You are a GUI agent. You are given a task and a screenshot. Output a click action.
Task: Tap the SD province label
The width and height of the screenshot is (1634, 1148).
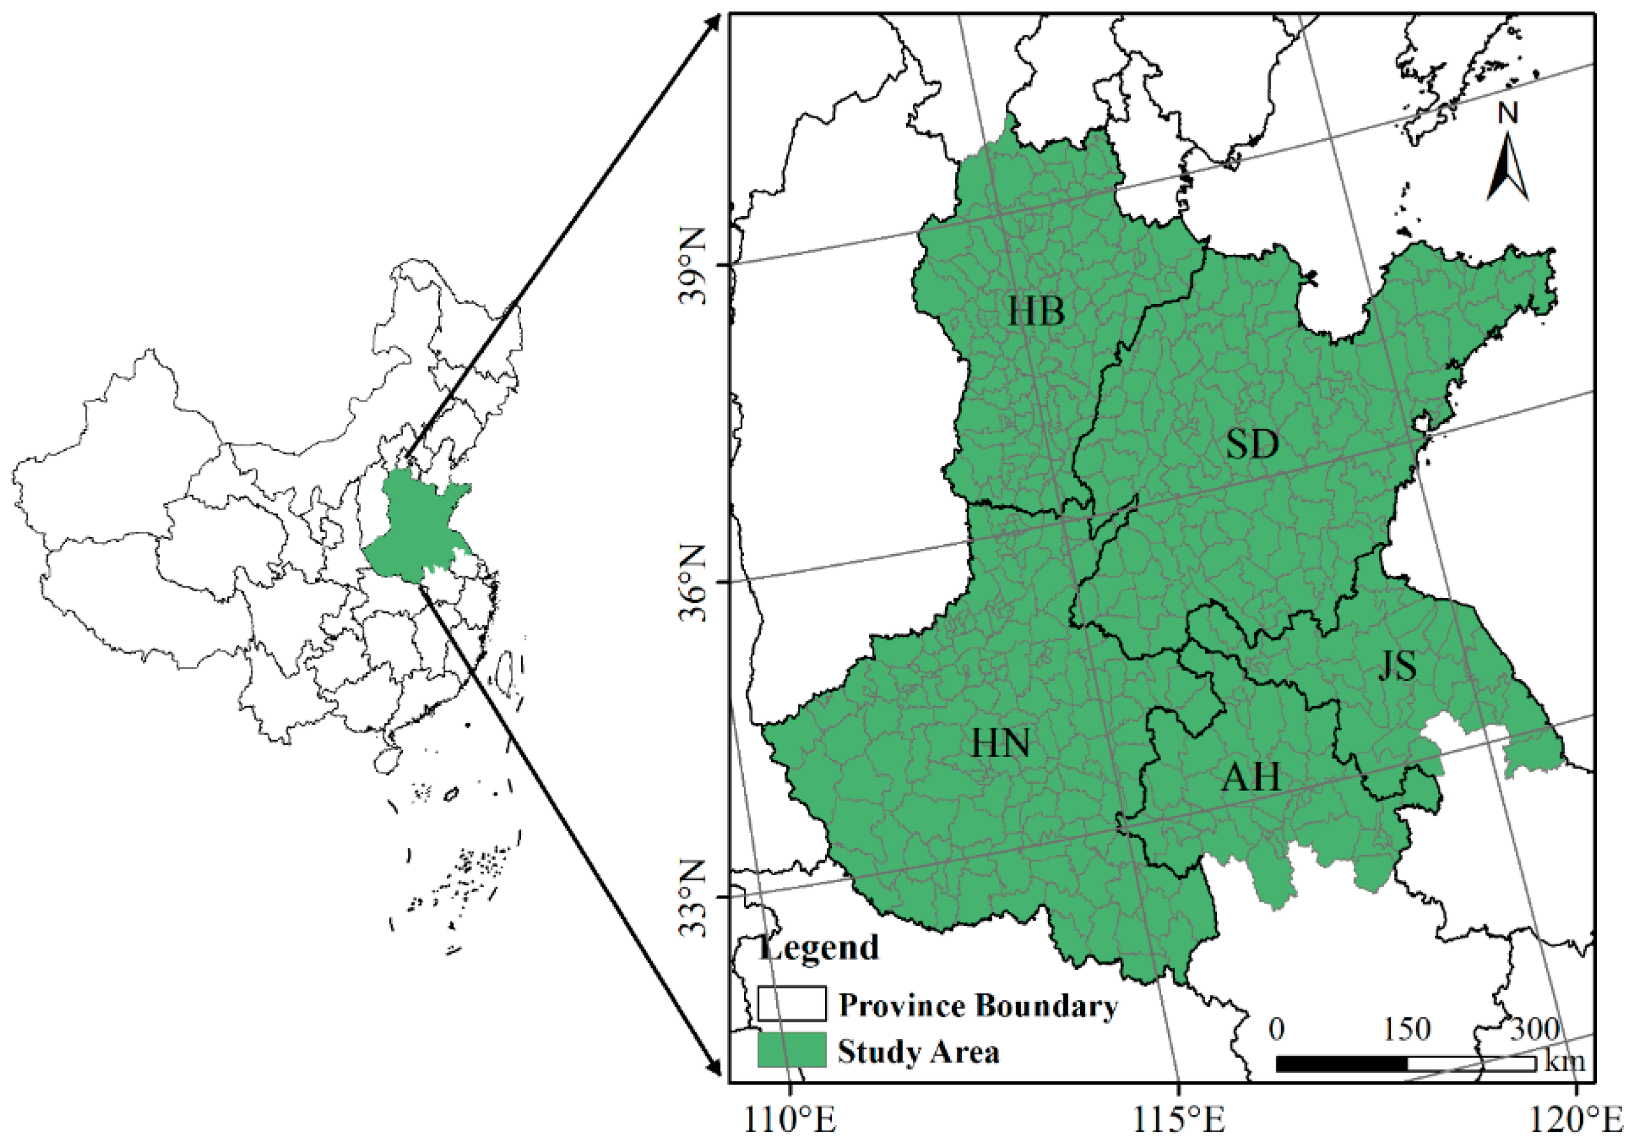tap(1253, 445)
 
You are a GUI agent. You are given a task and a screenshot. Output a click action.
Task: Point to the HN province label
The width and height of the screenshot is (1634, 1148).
tap(1001, 744)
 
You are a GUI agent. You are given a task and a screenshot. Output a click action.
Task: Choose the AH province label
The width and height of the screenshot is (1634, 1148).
tap(1250, 778)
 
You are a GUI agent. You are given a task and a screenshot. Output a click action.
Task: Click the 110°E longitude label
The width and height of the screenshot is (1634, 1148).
tap(790, 1121)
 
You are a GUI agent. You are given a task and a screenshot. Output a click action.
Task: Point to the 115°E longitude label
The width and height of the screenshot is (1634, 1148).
tap(1178, 1121)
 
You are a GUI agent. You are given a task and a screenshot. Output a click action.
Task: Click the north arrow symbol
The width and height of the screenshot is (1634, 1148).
tap(1507, 171)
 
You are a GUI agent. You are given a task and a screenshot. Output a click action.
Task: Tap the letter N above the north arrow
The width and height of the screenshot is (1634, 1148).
tap(1508, 114)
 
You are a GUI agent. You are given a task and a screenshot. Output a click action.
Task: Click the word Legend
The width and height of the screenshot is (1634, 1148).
tap(818, 947)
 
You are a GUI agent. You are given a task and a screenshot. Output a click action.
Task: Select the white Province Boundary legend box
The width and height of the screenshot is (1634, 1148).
tap(792, 1004)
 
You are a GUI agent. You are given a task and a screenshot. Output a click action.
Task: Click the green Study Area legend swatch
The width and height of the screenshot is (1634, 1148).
tap(792, 1050)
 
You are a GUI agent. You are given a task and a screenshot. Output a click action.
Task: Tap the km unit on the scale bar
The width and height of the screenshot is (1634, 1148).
tap(1564, 1061)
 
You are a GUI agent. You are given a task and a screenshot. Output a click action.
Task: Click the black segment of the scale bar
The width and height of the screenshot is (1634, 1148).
tap(1341, 1064)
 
